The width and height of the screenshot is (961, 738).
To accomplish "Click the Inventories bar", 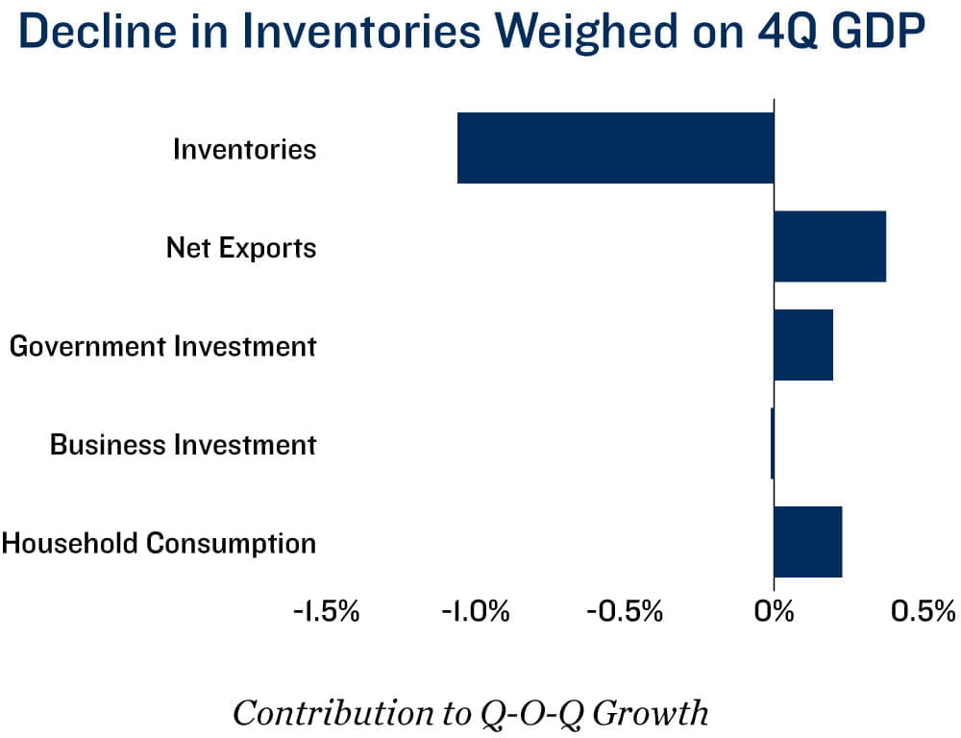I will [615, 148].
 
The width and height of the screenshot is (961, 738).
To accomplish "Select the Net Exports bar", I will [829, 247].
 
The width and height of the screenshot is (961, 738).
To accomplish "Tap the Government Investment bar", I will [802, 345].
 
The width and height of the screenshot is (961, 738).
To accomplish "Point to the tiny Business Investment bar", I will [772, 444].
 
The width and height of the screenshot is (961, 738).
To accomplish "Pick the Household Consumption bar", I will [807, 542].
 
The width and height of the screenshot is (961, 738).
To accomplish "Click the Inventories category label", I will [244, 149].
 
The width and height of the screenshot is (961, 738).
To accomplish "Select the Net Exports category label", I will [240, 248].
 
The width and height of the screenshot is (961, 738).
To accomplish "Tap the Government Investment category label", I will [162, 346].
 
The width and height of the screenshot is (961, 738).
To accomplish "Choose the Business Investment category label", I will [183, 445].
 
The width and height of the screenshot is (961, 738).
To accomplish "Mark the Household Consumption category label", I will [159, 543].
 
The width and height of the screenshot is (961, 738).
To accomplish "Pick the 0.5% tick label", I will [922, 611].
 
